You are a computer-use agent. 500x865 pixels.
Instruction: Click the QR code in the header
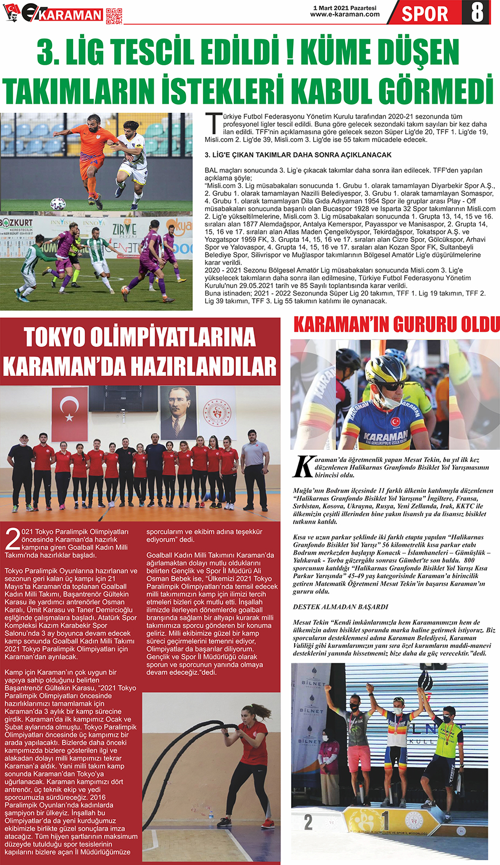pyautogui.click(x=114, y=15)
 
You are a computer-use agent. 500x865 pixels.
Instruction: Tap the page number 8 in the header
pyautogui.click(x=477, y=12)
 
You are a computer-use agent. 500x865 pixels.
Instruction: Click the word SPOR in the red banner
pyautogui.click(x=425, y=13)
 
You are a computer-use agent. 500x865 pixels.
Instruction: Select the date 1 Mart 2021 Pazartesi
pyautogui.click(x=345, y=8)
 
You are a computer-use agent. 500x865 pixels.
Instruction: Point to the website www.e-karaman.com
pyautogui.click(x=345, y=15)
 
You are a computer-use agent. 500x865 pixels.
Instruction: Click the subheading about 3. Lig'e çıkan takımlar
pyautogui.click(x=298, y=155)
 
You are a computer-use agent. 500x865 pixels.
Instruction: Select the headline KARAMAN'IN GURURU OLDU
pyautogui.click(x=396, y=325)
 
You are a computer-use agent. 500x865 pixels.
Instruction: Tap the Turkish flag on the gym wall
pyautogui.click(x=70, y=414)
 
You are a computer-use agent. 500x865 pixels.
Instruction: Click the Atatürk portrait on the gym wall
pyautogui.click(x=178, y=413)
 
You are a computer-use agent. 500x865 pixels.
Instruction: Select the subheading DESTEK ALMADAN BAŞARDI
pyautogui.click(x=341, y=607)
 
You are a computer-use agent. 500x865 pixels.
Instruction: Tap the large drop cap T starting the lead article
pyautogui.click(x=213, y=123)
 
